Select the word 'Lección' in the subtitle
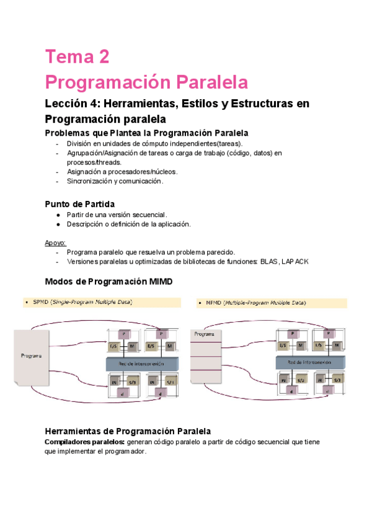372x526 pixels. [x=66, y=103]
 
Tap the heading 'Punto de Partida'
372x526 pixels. [x=79, y=203]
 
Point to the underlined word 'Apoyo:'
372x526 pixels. [x=55, y=243]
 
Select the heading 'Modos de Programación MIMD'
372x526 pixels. [x=108, y=282]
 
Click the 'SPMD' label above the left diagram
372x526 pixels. [x=40, y=302]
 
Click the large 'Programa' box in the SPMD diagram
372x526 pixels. [x=31, y=356]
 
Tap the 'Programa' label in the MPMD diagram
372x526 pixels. [x=205, y=334]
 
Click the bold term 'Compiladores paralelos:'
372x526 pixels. [x=85, y=442]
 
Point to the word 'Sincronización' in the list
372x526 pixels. [x=89, y=181]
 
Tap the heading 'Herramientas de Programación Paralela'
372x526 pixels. [x=128, y=430]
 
